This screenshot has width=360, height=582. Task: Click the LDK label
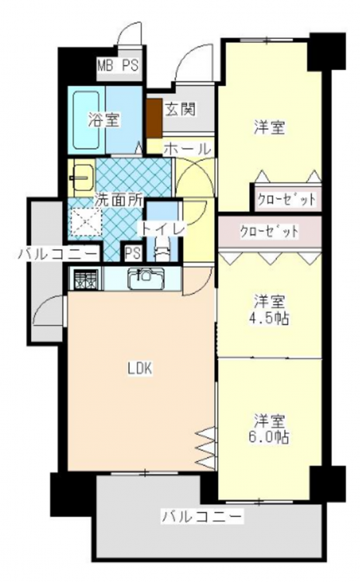[140, 369]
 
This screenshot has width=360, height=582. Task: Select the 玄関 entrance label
[180, 109]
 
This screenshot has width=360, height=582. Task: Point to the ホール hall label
[187, 149]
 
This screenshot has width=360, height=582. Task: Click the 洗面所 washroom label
[118, 199]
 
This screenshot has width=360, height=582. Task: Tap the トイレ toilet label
[161, 229]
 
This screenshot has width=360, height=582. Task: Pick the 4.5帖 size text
[269, 318]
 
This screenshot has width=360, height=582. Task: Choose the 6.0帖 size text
[269, 437]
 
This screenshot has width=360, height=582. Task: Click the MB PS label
[118, 65]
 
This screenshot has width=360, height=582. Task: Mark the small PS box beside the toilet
[133, 253]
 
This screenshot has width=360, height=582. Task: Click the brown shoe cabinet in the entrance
[154, 118]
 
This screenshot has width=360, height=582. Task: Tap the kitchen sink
[146, 279]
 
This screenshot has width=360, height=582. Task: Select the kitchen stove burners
[85, 279]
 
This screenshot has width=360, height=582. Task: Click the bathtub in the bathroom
[86, 120]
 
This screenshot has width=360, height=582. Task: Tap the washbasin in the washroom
[82, 178]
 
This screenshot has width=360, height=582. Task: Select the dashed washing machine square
[85, 222]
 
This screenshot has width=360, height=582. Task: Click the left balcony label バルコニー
[58, 255]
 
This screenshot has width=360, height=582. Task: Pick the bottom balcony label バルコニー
[202, 516]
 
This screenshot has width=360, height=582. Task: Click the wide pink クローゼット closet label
[269, 232]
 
